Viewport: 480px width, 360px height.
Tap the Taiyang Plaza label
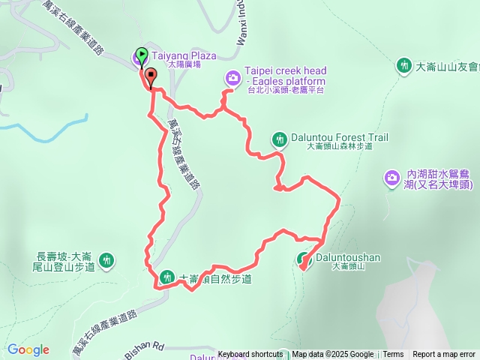(183, 55)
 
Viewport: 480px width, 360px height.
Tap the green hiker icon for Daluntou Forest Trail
(279, 138)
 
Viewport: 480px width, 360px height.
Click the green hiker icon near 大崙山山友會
(405, 66)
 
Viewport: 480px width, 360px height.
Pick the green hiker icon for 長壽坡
(107, 260)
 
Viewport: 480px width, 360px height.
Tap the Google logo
(28, 349)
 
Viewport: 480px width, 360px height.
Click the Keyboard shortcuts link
(250, 355)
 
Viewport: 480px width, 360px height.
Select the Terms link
(393, 355)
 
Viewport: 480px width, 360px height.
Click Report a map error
(444, 355)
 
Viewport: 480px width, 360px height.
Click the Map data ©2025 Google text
(332, 355)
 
